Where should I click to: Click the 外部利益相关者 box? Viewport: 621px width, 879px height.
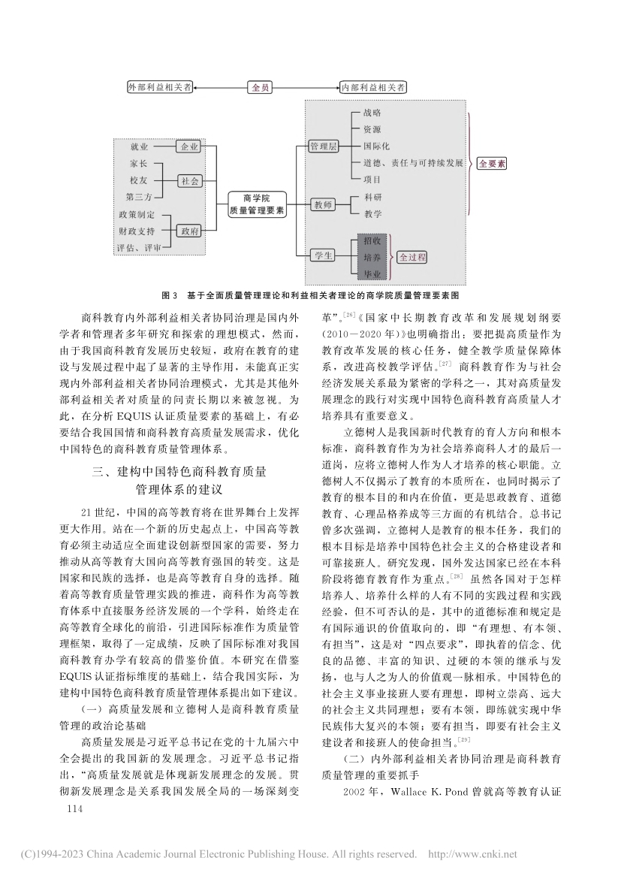click(159, 87)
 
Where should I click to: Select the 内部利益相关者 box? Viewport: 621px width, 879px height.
click(374, 87)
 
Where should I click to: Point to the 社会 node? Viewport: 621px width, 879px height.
click(189, 180)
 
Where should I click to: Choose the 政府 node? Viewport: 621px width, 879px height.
click(189, 231)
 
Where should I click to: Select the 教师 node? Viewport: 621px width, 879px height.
click(322, 205)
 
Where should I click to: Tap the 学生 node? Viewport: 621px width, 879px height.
click(322, 256)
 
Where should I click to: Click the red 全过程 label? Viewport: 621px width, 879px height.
click(412, 257)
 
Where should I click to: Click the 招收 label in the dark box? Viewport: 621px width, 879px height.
click(372, 242)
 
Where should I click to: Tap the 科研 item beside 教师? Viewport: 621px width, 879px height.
click(372, 197)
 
